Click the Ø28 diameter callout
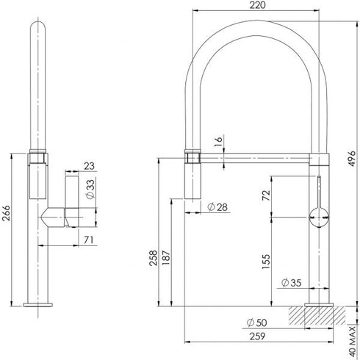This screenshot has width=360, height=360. [x=215, y=207]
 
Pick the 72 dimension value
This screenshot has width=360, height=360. [x=266, y=195]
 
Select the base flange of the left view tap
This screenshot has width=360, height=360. [x=37, y=303]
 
